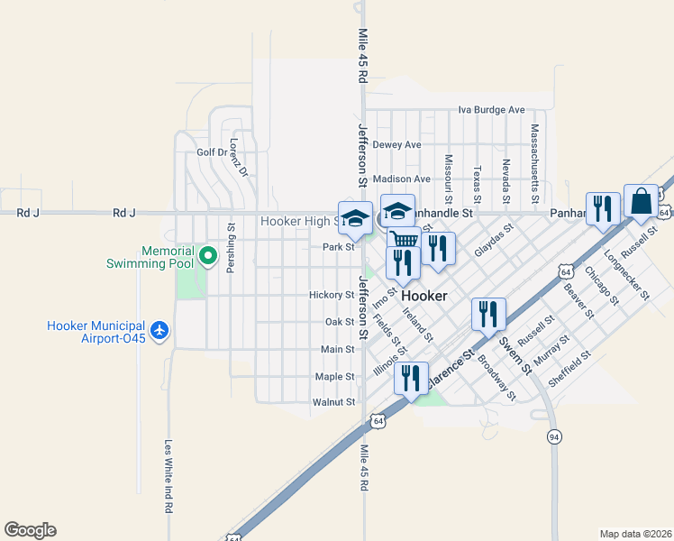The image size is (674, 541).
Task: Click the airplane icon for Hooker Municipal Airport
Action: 160,331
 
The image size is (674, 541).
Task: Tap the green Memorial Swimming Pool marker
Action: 208,257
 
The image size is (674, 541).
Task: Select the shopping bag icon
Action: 641,203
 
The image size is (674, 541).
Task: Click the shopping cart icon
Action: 404,240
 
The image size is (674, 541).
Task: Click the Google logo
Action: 30,530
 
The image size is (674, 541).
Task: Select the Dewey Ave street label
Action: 396,144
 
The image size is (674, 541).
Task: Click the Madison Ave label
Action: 401,179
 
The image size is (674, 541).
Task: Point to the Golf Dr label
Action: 213,152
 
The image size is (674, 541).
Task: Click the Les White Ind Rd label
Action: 168,475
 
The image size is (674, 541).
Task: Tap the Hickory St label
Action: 332,295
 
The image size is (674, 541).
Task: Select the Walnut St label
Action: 333,402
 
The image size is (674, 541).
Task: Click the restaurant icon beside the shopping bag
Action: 601,208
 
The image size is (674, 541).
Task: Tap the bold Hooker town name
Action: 424,296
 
